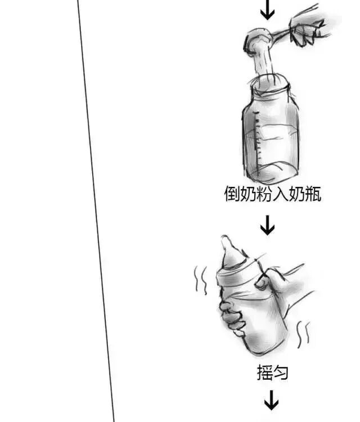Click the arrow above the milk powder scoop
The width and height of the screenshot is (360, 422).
(x=268, y=8)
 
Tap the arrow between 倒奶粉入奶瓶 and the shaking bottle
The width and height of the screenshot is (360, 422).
(x=268, y=226)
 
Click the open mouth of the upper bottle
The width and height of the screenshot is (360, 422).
(x=269, y=85)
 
